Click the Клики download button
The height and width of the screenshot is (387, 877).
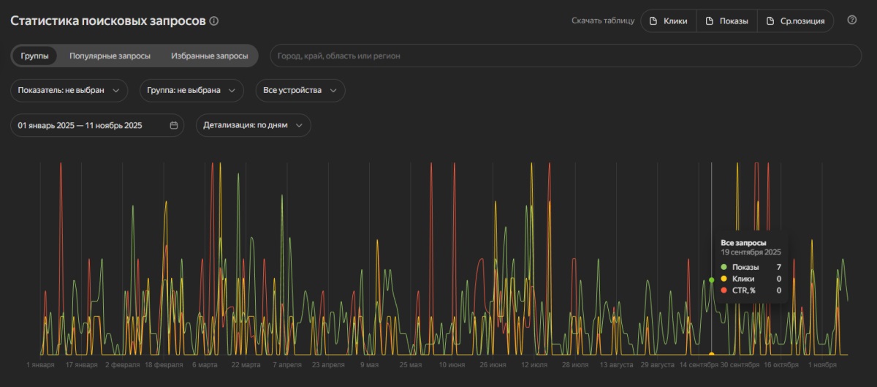pyautogui.click(x=669, y=20)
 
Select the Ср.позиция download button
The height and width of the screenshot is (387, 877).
pyautogui.click(x=796, y=20)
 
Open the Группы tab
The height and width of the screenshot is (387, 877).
pyautogui.click(x=34, y=56)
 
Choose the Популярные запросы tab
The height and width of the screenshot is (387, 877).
pyautogui.click(x=110, y=56)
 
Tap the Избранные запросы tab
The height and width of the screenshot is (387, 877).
pyautogui.click(x=210, y=56)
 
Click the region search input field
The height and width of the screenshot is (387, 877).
pyautogui.click(x=566, y=56)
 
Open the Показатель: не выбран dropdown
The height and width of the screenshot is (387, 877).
pyautogui.click(x=69, y=91)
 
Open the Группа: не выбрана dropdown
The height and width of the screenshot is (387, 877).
pyautogui.click(x=191, y=91)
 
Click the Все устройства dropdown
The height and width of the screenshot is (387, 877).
pyautogui.click(x=300, y=91)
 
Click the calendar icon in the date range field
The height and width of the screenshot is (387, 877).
pyautogui.click(x=174, y=125)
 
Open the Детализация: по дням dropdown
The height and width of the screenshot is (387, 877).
pyautogui.click(x=254, y=125)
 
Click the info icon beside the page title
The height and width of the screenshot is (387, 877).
pyautogui.click(x=213, y=20)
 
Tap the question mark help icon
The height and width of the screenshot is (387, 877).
pyautogui.click(x=852, y=20)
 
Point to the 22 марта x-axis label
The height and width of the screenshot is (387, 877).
pyautogui.click(x=246, y=364)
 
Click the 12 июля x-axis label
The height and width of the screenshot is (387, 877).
pyautogui.click(x=534, y=364)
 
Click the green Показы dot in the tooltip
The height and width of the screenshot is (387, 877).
pyautogui.click(x=724, y=267)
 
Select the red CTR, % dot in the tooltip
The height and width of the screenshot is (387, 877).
pyautogui.click(x=724, y=290)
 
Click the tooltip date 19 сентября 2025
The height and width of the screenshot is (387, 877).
pyautogui.click(x=751, y=252)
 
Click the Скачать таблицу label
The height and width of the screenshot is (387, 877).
pyautogui.click(x=603, y=20)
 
